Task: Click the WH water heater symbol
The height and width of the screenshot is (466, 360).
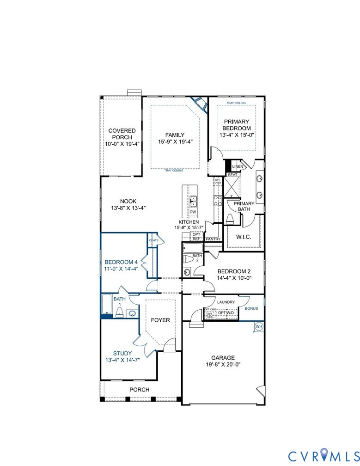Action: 259,326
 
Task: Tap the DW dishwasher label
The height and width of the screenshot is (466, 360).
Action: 193,212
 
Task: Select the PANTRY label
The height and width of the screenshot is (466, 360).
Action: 213,239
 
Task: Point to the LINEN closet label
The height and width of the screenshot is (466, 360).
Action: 238,166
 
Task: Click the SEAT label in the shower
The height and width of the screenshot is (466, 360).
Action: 232,175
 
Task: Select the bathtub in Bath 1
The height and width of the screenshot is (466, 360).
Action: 106,305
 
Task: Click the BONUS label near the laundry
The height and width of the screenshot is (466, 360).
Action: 251,308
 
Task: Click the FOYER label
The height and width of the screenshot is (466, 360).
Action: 160,320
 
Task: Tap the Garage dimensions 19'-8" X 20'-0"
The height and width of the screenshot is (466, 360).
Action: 223,364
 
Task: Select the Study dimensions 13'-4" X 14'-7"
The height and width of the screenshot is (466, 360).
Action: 122,360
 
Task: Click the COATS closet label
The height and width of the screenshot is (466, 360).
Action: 153,240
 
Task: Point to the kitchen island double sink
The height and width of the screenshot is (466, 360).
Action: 193,201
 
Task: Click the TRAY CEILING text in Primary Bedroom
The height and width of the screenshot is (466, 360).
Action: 236,103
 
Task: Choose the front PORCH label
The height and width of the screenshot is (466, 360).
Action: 139,390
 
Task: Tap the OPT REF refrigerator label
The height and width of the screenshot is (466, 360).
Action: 196,237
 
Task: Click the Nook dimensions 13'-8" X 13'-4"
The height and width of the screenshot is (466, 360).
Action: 128,208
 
